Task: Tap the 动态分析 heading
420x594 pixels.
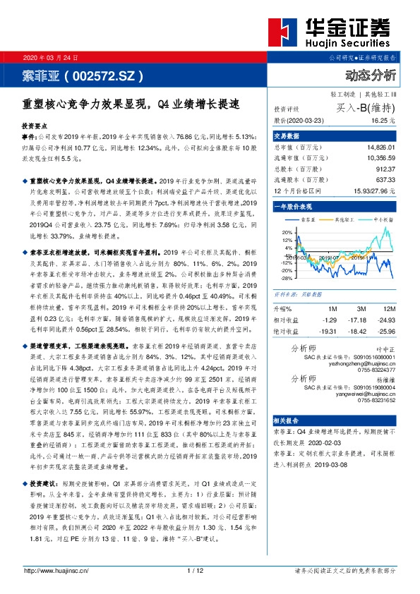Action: point(371,75)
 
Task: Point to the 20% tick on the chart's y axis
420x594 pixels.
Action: point(286,231)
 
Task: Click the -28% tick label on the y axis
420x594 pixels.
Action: point(284,278)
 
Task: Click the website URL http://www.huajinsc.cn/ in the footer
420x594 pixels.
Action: point(56,570)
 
